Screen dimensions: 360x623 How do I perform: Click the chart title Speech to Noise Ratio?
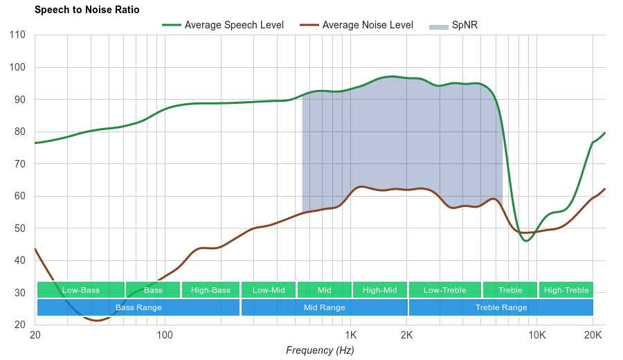pos(87,10)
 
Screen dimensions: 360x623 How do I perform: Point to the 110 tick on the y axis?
pos(18,35)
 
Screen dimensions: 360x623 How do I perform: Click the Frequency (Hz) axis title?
pos(320,350)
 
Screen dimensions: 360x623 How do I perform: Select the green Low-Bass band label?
pos(81,290)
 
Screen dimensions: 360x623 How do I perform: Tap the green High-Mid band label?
pos(380,290)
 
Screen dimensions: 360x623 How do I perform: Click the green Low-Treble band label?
pos(444,290)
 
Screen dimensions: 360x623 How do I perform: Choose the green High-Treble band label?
pos(566,290)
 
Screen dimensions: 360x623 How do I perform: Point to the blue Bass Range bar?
pos(138,307)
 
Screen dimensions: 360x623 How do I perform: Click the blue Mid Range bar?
pos(324,307)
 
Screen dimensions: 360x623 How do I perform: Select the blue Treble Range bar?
pos(501,307)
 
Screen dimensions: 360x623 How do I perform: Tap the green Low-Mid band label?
pos(269,290)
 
